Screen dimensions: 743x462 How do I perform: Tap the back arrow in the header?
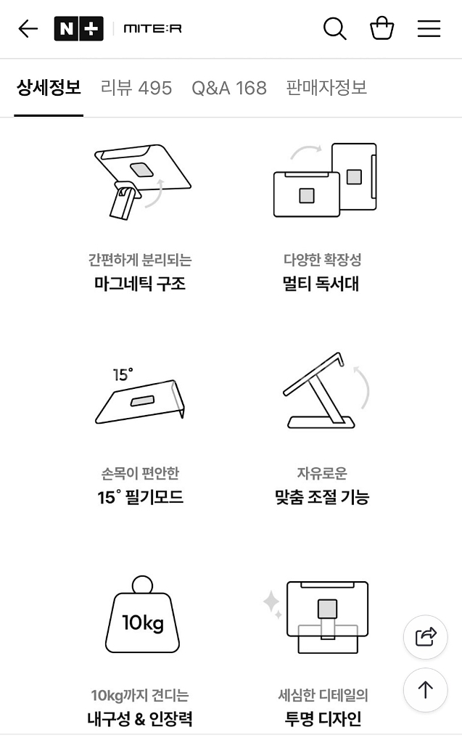pos(28,29)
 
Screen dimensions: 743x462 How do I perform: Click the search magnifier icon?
pos(334,29)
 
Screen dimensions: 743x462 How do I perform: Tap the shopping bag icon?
pos(381,29)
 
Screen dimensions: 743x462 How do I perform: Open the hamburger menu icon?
pos(429,29)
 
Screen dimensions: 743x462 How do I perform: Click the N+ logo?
pos(78,29)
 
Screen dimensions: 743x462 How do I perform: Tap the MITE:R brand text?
pos(152,29)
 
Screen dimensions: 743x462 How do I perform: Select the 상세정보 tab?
pos(49,88)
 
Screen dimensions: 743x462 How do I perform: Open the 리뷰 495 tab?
pos(136,88)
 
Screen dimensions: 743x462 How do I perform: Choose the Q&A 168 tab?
pos(229,88)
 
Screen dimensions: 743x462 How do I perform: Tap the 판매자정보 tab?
pos(326,88)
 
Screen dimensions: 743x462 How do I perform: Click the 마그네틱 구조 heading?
pos(140,284)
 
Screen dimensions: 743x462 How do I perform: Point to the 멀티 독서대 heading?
pos(321,284)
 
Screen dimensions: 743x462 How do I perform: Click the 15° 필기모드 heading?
pos(140,498)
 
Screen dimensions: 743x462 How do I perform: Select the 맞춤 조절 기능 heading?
pos(322,498)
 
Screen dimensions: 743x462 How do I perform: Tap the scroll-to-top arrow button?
pos(425,690)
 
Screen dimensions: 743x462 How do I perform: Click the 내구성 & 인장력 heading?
pos(140,719)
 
